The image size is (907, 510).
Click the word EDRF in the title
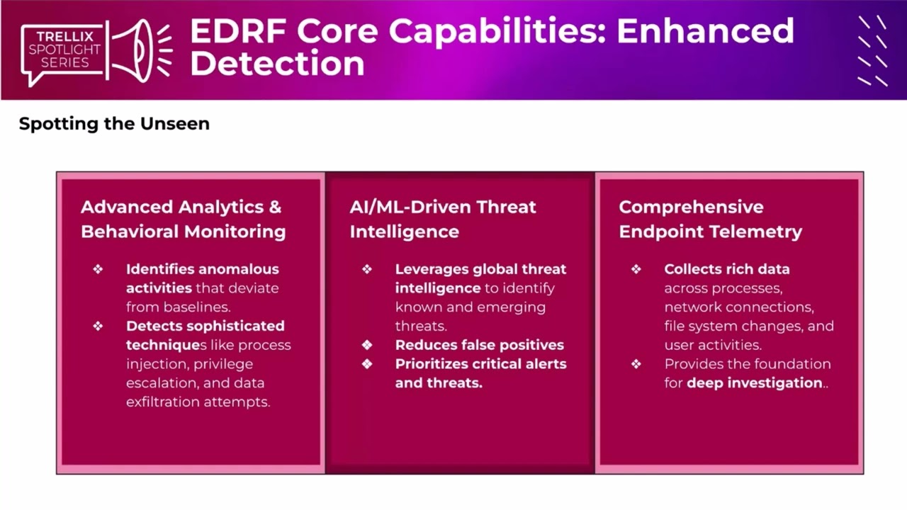(237, 32)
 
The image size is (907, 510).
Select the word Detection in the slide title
(277, 64)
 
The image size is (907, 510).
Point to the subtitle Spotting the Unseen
(114, 123)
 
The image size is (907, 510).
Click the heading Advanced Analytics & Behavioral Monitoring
(183, 219)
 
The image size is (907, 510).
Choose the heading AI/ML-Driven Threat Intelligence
(442, 219)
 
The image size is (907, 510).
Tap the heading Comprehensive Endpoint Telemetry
(710, 219)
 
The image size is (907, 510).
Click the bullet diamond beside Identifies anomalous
(98, 269)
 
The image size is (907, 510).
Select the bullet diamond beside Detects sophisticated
(98, 326)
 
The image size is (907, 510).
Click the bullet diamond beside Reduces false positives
(367, 345)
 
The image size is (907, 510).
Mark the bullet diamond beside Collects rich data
(636, 269)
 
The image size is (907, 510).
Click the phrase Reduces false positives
(479, 345)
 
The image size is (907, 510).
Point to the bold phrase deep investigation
(754, 382)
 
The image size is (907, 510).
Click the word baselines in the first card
(195, 307)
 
